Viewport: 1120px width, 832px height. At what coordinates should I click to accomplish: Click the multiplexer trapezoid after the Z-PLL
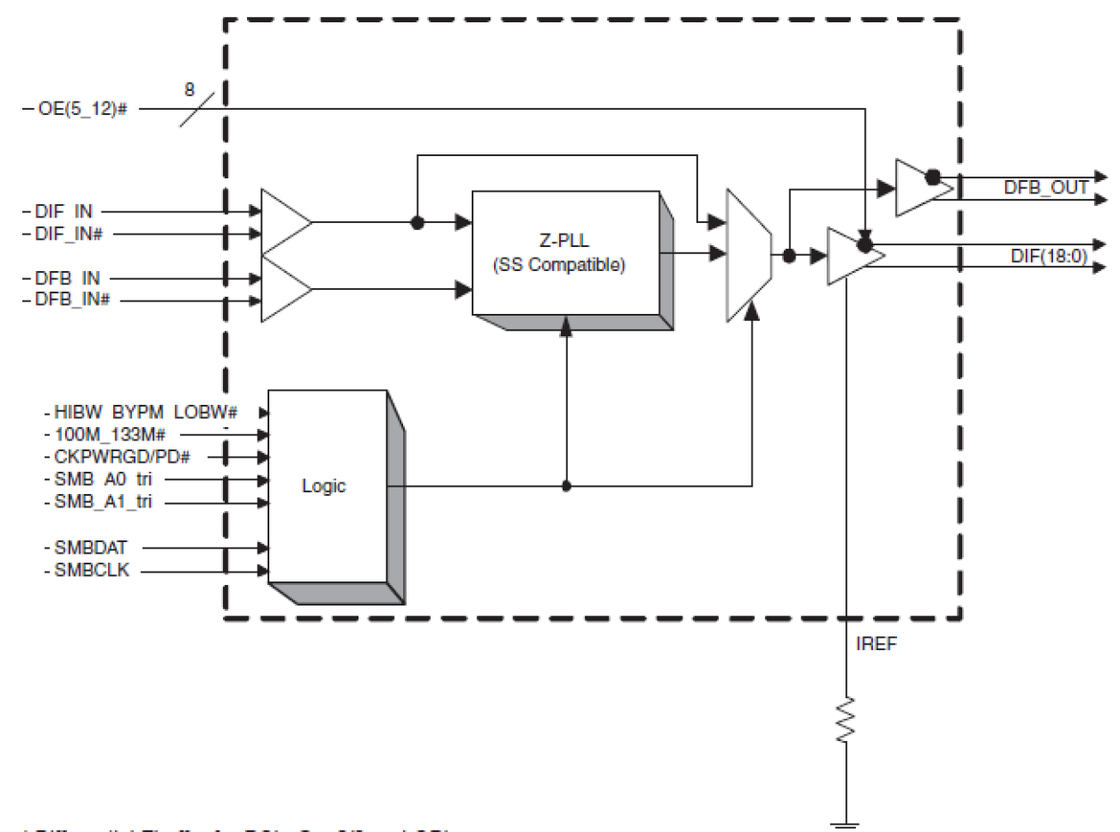pos(749,255)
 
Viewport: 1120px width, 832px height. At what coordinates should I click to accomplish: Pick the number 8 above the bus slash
pos(189,90)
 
